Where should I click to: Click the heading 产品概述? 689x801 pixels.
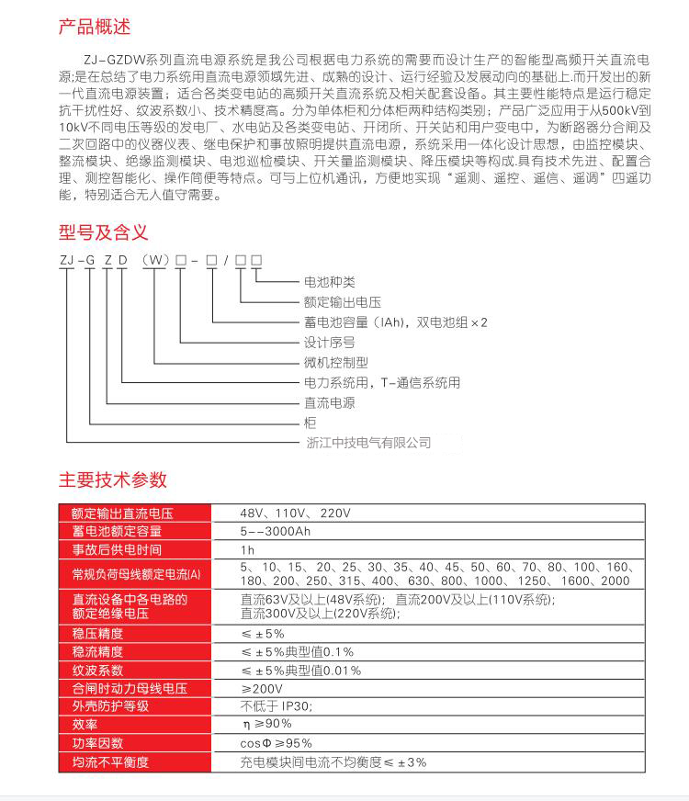pos(96,27)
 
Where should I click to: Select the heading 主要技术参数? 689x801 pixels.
pos(113,479)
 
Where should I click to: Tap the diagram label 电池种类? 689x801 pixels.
pos(329,282)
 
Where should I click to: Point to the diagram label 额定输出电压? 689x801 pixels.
pos(342,302)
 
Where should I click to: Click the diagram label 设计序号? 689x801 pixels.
pos(329,343)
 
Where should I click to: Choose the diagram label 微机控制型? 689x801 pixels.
pos(335,363)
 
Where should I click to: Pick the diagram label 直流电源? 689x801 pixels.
pos(329,403)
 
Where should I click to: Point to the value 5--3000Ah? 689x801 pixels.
pos(274,531)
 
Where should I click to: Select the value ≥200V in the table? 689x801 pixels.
pos(261,689)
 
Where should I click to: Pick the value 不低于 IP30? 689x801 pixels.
pos(277,706)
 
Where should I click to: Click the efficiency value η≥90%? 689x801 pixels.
pos(266,725)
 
